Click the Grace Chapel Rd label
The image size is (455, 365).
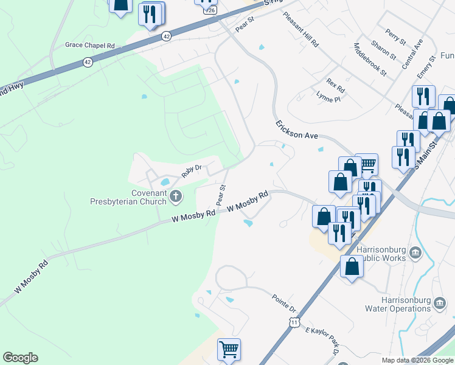90,46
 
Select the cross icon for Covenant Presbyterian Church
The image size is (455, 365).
176,196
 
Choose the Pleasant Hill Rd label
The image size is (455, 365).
300,29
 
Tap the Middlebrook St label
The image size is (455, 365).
370,60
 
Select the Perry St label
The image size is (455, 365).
395,36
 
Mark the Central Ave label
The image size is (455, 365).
411,53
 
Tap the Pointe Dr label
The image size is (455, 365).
283,301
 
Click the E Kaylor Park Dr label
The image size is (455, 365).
322,341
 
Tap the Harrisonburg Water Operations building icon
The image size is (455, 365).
439,301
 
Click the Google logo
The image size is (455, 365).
20,358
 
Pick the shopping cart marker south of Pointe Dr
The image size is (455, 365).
229,350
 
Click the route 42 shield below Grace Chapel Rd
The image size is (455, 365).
88,62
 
